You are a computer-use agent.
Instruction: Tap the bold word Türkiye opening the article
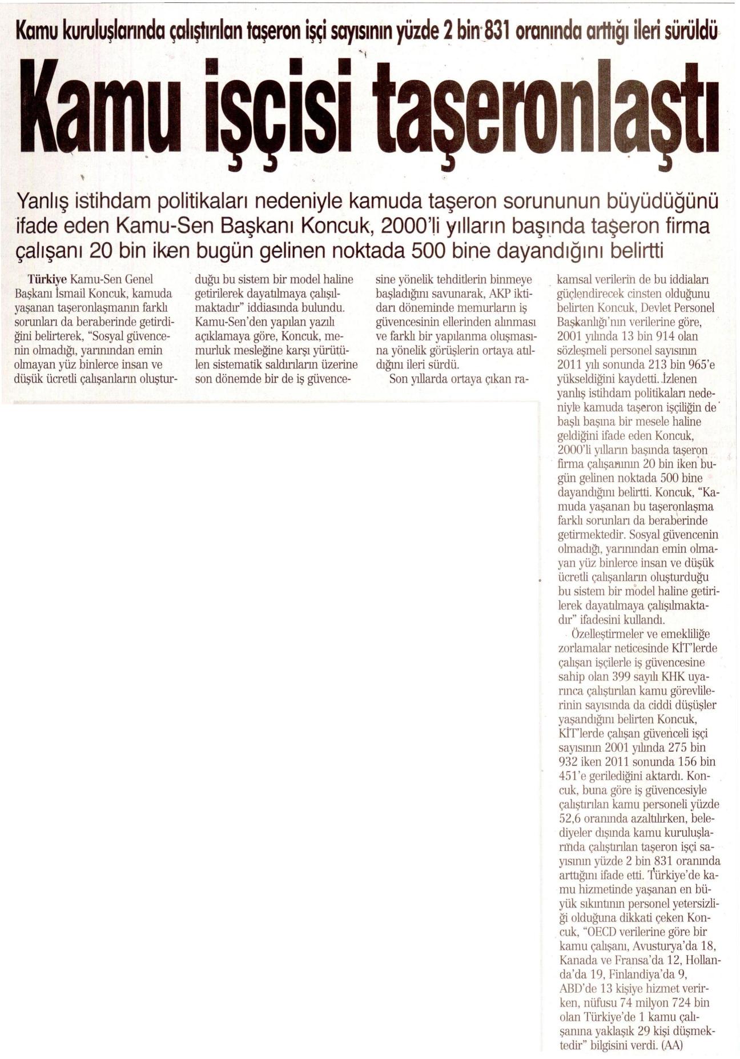coord(48,280)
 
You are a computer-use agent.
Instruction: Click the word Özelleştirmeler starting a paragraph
coord(605,634)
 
